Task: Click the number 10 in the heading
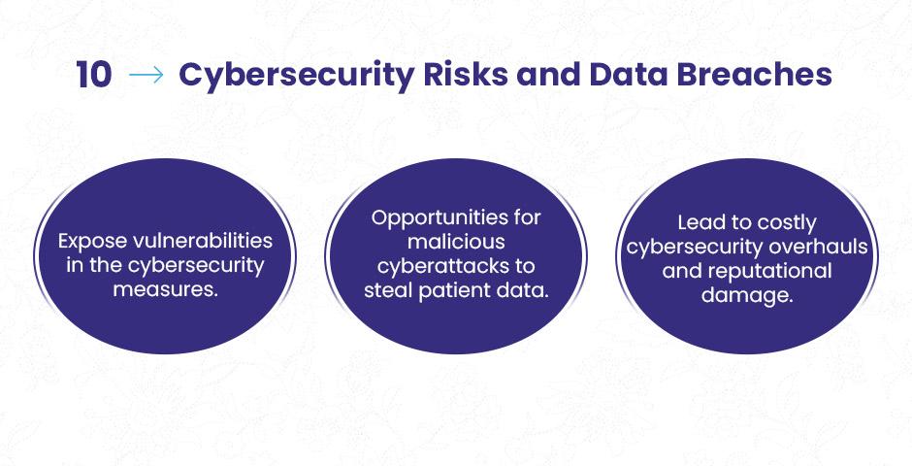pyautogui.click(x=94, y=75)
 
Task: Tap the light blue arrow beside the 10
pyautogui.click(x=146, y=75)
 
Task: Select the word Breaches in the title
pyautogui.click(x=755, y=75)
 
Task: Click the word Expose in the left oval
pyautogui.click(x=88, y=242)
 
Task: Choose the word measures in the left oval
pyautogui.click(x=163, y=289)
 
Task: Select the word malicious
pyautogui.click(x=456, y=242)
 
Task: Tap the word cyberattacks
pyautogui.click(x=440, y=266)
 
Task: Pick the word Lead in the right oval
pyautogui.click(x=698, y=222)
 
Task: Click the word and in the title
pyautogui.click(x=548, y=75)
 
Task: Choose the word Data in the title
pyautogui.click(x=628, y=75)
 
